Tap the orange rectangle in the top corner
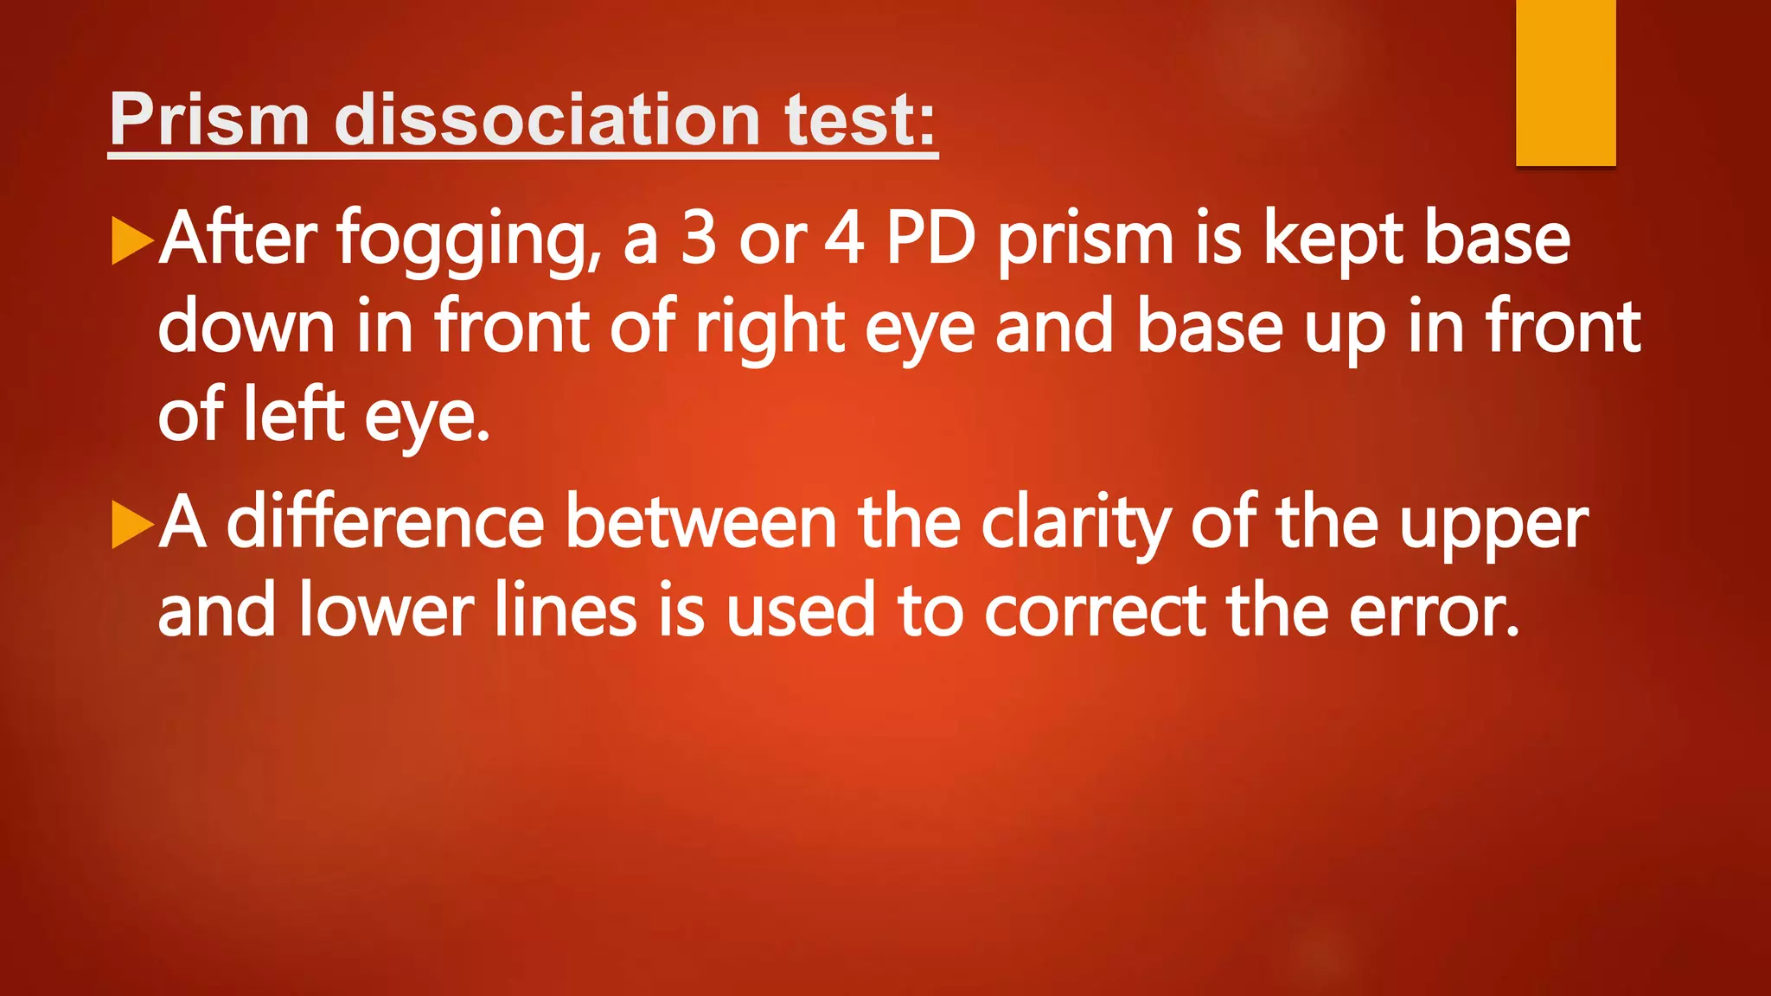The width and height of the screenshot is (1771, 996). (x=1565, y=82)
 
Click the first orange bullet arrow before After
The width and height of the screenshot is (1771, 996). (x=132, y=241)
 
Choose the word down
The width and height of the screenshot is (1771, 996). (x=246, y=327)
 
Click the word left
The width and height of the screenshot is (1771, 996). (x=293, y=414)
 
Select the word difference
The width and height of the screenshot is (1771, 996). (x=385, y=523)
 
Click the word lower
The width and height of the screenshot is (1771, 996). (x=387, y=611)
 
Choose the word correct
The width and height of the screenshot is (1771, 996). (x=1096, y=611)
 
